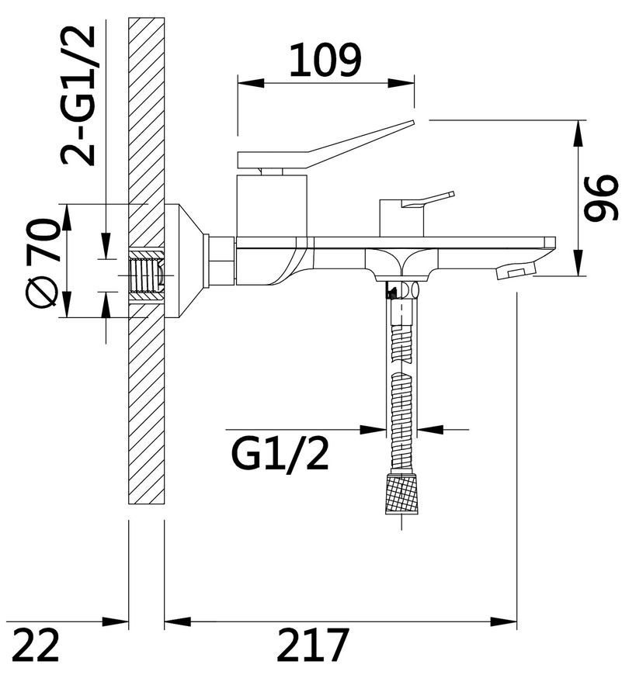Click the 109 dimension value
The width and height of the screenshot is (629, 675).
click(x=325, y=61)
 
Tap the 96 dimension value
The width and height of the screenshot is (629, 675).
click(x=601, y=198)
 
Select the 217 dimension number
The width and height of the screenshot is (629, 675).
click(x=312, y=645)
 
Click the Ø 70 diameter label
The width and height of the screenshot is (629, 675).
click(x=42, y=262)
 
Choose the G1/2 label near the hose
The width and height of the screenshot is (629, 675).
click(x=280, y=455)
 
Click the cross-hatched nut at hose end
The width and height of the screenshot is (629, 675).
click(x=402, y=493)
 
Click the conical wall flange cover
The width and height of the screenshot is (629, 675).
click(x=184, y=261)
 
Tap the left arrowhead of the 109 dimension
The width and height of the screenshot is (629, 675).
click(x=251, y=83)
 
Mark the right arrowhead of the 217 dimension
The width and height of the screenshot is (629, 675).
click(x=504, y=621)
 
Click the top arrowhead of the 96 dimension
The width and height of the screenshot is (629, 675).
click(x=581, y=133)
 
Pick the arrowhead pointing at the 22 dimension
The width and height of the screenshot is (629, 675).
click(x=116, y=621)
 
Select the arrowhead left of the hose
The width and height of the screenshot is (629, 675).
click(x=373, y=429)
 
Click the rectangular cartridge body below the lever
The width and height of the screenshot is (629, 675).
click(x=273, y=206)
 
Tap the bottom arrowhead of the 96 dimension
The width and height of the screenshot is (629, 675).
click(x=581, y=262)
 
